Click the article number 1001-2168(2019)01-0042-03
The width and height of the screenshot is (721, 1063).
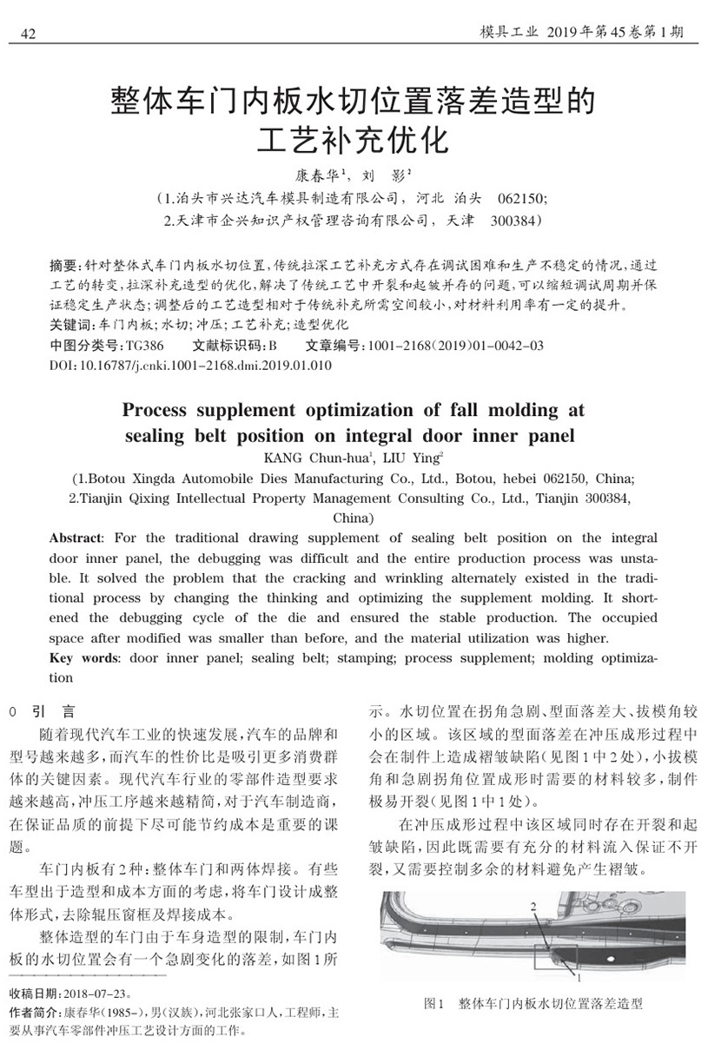(456, 346)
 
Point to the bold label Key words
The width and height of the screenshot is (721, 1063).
(86, 657)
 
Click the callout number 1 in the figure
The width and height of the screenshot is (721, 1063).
(579, 977)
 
